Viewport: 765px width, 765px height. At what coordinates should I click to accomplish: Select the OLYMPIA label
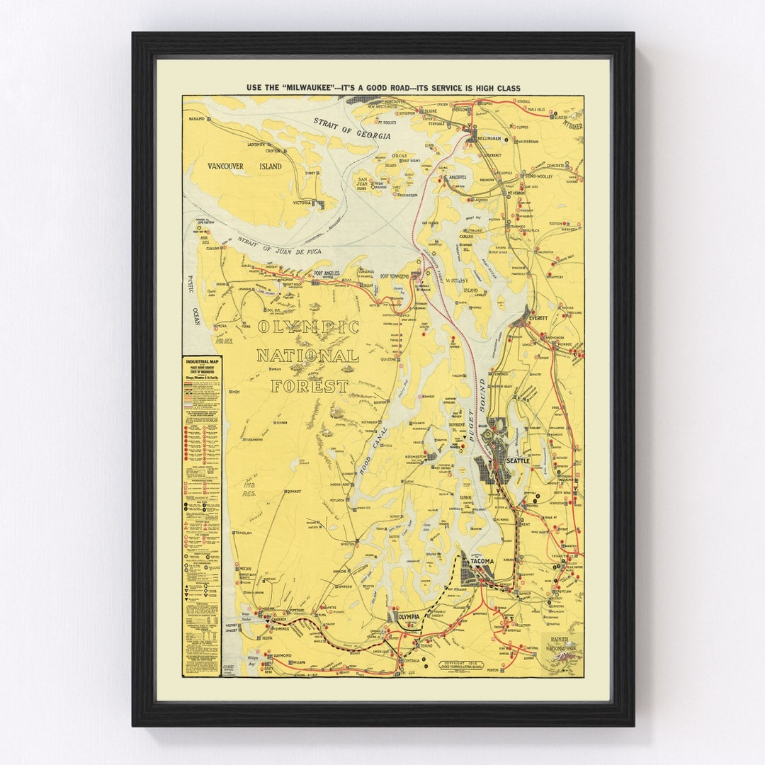click(x=409, y=617)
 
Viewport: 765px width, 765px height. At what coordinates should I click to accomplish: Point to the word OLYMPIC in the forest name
click(x=308, y=327)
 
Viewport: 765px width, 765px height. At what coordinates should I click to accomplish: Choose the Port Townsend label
click(x=395, y=276)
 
